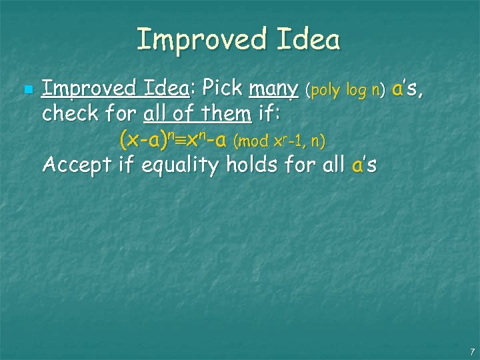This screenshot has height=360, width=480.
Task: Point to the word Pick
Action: (x=223, y=87)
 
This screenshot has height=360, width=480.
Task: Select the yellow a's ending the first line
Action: (x=406, y=88)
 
